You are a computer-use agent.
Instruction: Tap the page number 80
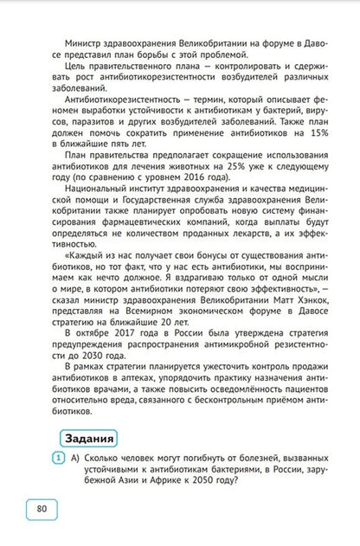(42, 508)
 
